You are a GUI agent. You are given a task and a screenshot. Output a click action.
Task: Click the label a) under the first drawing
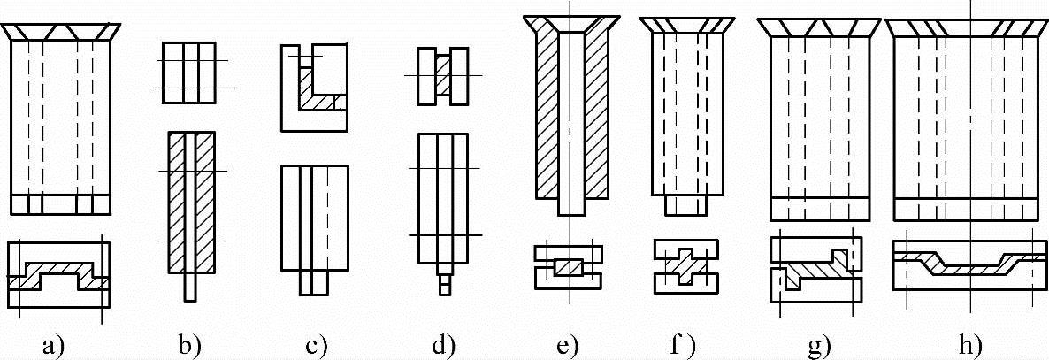(x=56, y=343)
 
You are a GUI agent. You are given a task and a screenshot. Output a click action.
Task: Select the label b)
(x=188, y=343)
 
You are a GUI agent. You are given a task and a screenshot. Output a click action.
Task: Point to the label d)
(x=442, y=343)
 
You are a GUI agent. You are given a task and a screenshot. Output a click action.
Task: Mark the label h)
(x=969, y=343)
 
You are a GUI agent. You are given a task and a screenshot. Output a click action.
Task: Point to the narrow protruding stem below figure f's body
(x=685, y=204)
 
